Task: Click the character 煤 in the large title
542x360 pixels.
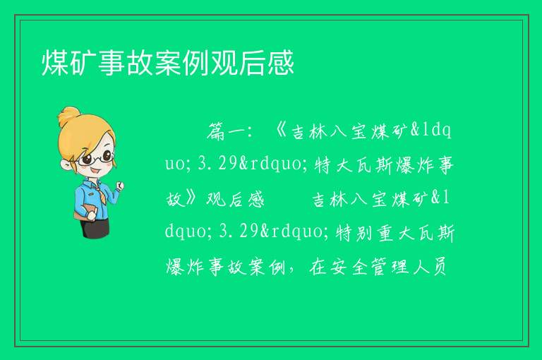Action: tap(55, 63)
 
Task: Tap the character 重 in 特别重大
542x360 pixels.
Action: tap(385, 232)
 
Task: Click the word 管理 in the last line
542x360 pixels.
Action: tap(389, 266)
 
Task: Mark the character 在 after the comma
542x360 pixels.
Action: tap(318, 266)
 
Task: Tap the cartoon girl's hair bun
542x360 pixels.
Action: tap(70, 116)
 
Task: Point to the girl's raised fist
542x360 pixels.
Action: tap(119, 186)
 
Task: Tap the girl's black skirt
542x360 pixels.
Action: tap(95, 228)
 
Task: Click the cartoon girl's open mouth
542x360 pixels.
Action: tap(96, 171)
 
